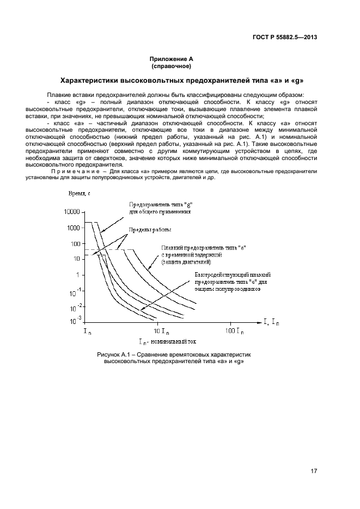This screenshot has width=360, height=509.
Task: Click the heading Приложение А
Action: tap(172, 59)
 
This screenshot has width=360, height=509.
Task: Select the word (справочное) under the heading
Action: tap(172, 66)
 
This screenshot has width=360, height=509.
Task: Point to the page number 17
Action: tap(314, 471)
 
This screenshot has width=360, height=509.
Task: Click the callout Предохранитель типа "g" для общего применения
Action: tap(160, 207)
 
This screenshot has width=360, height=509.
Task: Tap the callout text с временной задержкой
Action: tap(190, 255)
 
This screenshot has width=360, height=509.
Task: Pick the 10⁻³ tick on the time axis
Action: tap(75, 320)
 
